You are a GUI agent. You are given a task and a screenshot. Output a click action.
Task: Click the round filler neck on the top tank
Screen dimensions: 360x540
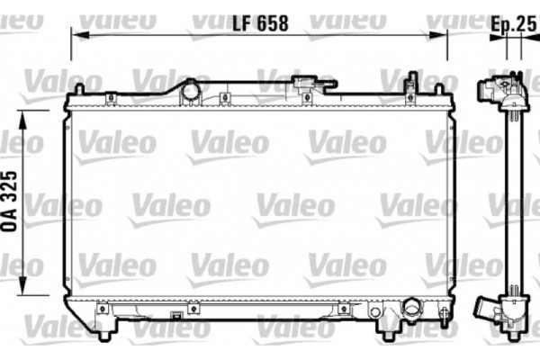(x=191, y=90)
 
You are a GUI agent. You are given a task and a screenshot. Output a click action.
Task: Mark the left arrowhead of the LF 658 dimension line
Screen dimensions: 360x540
(x=76, y=34)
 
